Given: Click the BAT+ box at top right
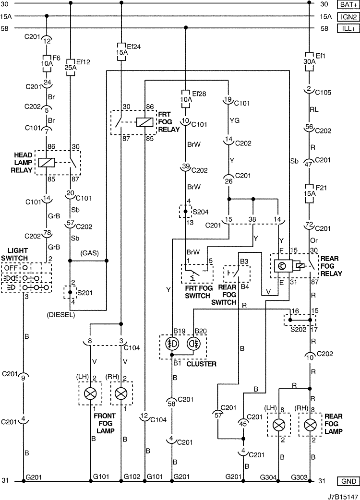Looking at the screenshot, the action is [x=348, y=4].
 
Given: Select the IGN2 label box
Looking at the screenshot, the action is [x=348, y=17].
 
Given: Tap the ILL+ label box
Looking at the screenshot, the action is [x=348, y=28].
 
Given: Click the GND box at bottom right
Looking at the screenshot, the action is [x=348, y=481].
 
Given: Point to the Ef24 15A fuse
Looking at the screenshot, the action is [x=121, y=52].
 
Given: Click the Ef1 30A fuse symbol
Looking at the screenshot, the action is [x=309, y=61].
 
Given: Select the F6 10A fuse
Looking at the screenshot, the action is [x=47, y=63].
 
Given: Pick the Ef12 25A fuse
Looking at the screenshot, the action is [x=70, y=67].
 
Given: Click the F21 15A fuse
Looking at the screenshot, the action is [x=309, y=193].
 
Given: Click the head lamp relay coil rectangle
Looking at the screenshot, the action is [x=47, y=163].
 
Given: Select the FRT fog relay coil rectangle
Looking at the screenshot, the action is [x=145, y=122].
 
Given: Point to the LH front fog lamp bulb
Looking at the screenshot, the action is [x=90, y=393].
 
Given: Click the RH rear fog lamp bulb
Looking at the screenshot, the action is [x=310, y=425].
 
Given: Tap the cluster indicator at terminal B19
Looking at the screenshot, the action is [x=172, y=344].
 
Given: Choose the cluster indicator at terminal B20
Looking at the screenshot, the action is [x=193, y=344].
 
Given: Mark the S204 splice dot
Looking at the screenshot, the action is [x=186, y=212].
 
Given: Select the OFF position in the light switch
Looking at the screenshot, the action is [x=11, y=268].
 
